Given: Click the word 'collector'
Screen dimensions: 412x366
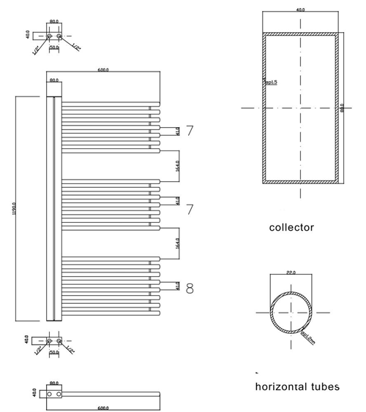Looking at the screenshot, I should [291, 227].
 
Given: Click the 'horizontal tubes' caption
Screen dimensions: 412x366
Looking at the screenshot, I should [297, 386].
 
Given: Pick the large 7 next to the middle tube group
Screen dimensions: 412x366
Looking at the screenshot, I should [190, 210].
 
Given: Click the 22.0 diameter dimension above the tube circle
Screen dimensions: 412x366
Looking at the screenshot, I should [291, 272].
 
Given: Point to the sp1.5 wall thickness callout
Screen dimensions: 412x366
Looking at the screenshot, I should [270, 83].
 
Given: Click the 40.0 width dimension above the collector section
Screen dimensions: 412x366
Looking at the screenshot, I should [300, 10].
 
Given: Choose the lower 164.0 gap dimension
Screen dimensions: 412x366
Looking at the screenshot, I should [177, 243].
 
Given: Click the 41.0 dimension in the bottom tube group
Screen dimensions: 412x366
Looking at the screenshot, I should [177, 286].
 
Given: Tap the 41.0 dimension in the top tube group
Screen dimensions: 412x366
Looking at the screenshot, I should [177, 131].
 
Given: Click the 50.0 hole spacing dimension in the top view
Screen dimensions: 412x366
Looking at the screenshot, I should [53, 48].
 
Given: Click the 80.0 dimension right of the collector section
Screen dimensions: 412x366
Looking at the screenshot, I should [342, 107].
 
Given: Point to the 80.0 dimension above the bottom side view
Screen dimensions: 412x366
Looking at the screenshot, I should [53, 383].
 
